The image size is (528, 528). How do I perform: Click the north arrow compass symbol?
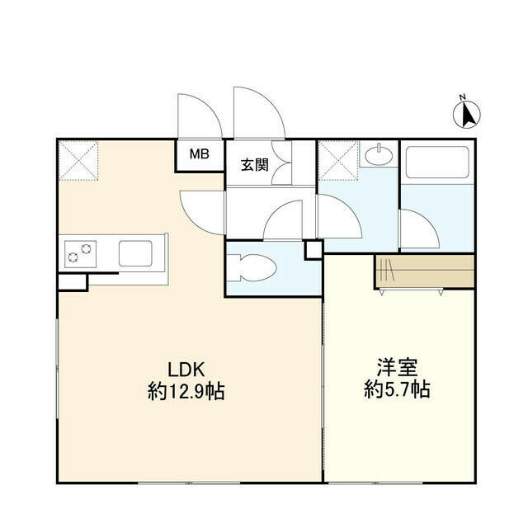pos(468,113)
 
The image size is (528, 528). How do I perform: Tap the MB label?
pos(200,154)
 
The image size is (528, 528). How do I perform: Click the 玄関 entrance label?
pos(255,164)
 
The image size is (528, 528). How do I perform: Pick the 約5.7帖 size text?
pos(397,390)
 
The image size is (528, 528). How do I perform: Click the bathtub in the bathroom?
pos(437,163)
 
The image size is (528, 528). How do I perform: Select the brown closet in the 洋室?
pos(424,271)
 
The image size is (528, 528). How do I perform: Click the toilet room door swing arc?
pos(285,221)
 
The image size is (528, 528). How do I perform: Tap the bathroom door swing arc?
pos(417,228)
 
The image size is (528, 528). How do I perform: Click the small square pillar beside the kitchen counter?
pos(73,281)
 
